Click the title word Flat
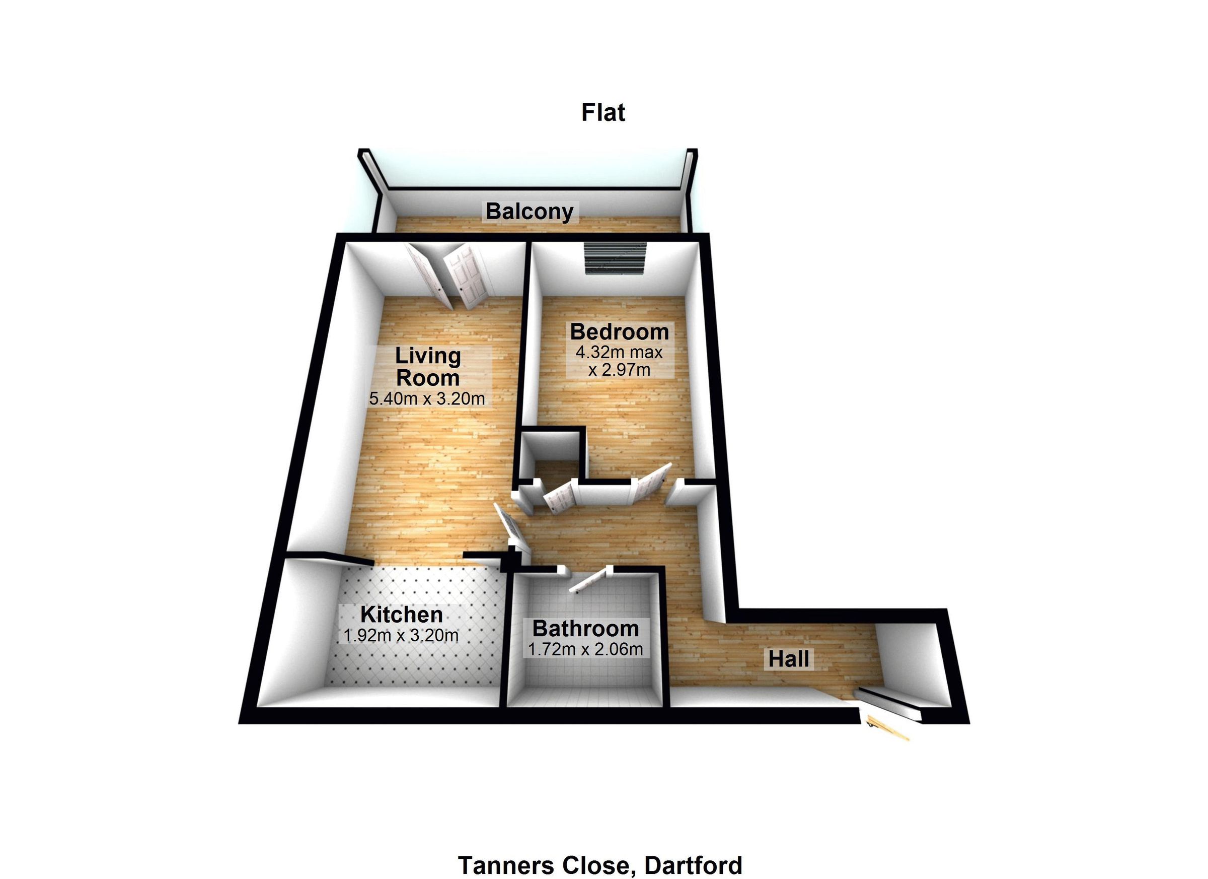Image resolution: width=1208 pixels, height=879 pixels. coord(602,112)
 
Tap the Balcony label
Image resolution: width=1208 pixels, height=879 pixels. coord(530,212)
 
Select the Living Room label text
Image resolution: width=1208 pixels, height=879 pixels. coord(428,367)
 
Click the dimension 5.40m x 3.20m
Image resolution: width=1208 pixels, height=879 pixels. coord(427,399)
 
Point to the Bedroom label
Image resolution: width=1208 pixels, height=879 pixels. coord(620,331)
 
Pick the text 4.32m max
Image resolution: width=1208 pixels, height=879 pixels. coord(619,352)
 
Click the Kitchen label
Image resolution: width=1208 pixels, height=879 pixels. coord(402,615)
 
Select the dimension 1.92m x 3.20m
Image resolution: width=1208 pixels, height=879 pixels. coord(401,635)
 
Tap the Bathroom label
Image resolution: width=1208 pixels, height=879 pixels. coord(585,629)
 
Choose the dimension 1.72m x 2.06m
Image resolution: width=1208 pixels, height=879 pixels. coord(585,649)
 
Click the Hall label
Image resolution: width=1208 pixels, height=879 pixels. coord(789,659)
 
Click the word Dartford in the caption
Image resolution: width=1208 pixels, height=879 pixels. coord(693,864)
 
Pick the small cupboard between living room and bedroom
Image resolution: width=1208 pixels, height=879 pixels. coord(550,456)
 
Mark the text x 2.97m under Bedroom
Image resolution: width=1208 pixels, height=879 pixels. coord(619,369)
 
